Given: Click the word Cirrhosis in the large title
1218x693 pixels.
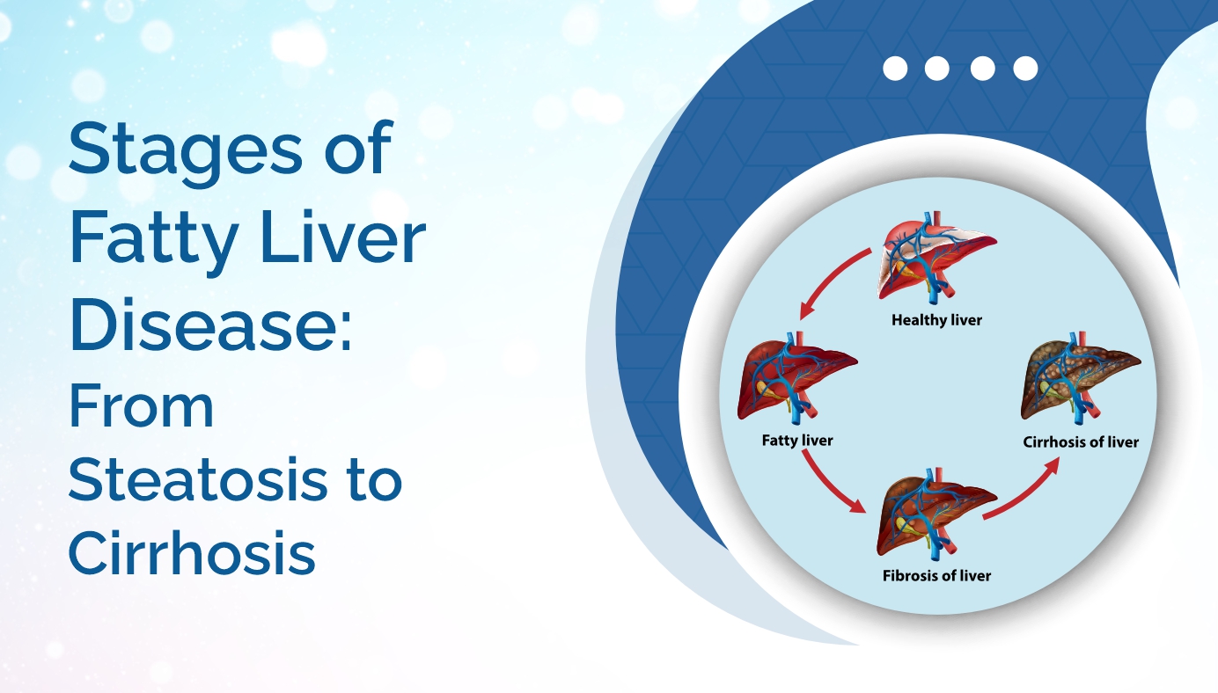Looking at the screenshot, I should click(192, 554).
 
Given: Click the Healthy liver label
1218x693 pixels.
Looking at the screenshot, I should click(936, 320).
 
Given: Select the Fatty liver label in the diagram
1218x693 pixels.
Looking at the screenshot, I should click(797, 440).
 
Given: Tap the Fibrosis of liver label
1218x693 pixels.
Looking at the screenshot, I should click(936, 576).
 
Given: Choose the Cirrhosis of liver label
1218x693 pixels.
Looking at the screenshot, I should click(1081, 441).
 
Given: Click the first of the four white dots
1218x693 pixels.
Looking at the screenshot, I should click(894, 69).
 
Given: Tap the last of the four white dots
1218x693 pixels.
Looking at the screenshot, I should click(1025, 69).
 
